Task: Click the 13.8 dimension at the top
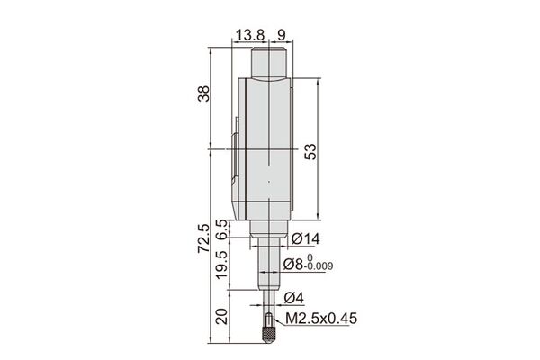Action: (249, 35)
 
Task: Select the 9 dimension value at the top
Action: (282, 35)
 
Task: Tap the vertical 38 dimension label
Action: (203, 94)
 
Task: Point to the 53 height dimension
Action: (310, 151)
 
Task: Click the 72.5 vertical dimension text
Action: (203, 238)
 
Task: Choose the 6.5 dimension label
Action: (222, 229)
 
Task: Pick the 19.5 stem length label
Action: (222, 265)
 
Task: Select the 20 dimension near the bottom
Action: (222, 316)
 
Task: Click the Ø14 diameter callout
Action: (305, 238)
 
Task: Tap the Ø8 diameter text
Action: (293, 265)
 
